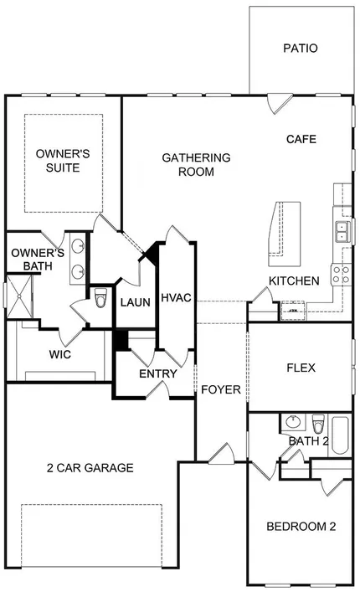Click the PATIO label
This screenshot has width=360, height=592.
pyautogui.click(x=301, y=49)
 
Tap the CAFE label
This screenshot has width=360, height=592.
pyautogui.click(x=301, y=139)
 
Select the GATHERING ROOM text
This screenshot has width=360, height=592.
pyautogui.click(x=196, y=165)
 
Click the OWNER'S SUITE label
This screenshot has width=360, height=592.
pyautogui.click(x=63, y=161)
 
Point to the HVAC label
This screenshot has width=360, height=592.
pyautogui.click(x=176, y=298)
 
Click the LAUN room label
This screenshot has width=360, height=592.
pyautogui.click(x=136, y=302)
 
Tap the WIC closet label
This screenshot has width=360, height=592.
pyautogui.click(x=60, y=354)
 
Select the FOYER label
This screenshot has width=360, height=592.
pyautogui.click(x=221, y=389)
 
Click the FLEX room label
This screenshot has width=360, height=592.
pyautogui.click(x=301, y=368)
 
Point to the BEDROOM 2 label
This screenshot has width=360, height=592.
pyautogui.click(x=301, y=527)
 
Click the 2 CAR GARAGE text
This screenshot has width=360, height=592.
pyautogui.click(x=90, y=468)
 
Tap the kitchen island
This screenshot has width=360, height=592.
pyautogui.click(x=285, y=234)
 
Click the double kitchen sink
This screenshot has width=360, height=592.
pyautogui.click(x=342, y=231)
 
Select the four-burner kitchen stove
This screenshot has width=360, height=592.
pyautogui.click(x=341, y=275)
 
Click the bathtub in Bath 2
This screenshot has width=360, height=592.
pyautogui.click(x=340, y=435)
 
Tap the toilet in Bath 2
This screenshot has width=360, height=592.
pyautogui.click(x=318, y=424)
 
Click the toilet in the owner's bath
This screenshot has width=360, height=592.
pyautogui.click(x=100, y=298)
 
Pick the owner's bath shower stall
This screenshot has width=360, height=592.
pyautogui.click(x=19, y=296)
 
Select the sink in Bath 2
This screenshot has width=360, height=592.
pyautogui.click(x=292, y=422)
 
